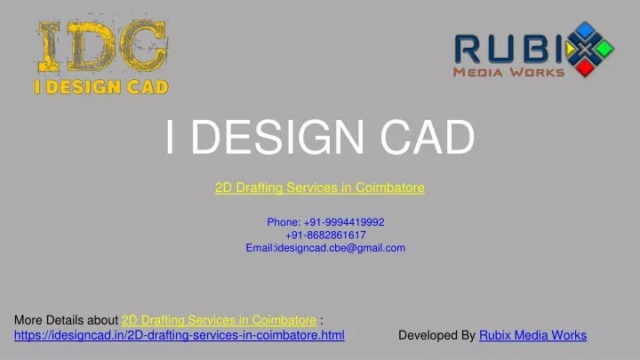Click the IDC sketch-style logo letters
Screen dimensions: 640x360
coord(103,46)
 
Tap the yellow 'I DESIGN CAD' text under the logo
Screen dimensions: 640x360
coord(101,87)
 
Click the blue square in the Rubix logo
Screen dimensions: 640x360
coord(586,30)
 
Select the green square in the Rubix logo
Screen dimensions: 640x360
coord(605,49)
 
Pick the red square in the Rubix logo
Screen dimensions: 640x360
coord(585,68)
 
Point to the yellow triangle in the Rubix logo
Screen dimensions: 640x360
coord(570,50)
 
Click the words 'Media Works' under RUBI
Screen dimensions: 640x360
coord(508,73)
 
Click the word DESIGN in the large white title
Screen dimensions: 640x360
coord(277,137)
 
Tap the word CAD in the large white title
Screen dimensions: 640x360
coord(428,137)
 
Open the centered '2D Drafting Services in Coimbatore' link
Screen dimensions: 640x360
coord(320,188)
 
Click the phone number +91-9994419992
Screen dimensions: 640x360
coord(344,222)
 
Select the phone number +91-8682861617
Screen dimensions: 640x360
coord(325,235)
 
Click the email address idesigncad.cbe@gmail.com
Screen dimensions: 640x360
coord(340,248)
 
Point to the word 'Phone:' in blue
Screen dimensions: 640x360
coord(284,222)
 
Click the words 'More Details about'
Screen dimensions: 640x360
coord(66,320)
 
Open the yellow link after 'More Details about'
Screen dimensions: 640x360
coord(219,320)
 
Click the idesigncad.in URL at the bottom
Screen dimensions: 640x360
coord(180,335)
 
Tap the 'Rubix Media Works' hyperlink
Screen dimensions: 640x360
coord(533,335)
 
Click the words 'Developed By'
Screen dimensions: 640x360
coord(436,335)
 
